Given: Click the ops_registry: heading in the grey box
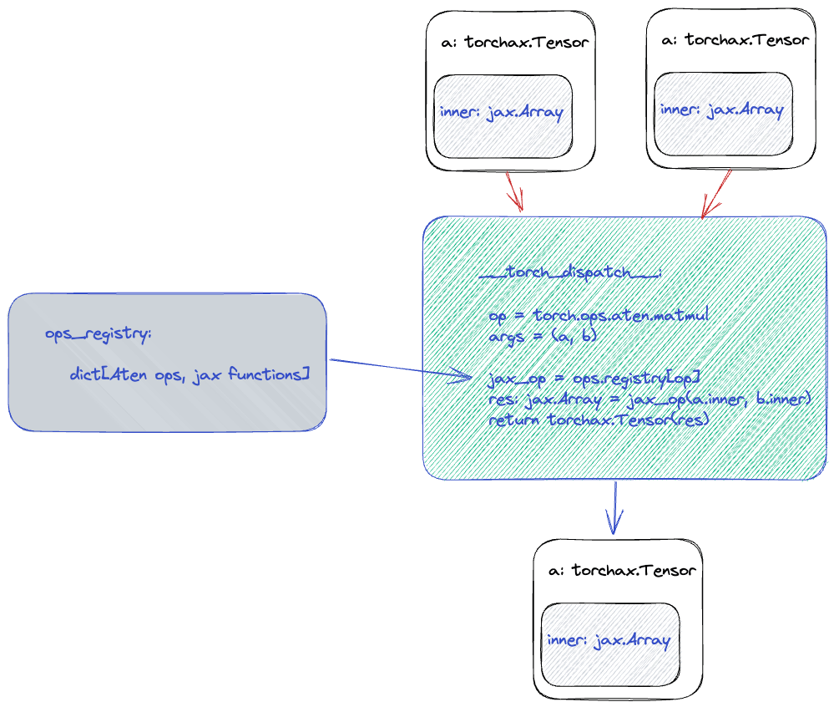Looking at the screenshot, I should pos(99,334).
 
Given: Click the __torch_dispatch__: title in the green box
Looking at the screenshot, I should pos(572,275).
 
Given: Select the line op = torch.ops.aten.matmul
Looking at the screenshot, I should pos(598,316).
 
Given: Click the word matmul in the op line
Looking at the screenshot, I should pos(680,316).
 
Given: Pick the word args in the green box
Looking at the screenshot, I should pos(507,336).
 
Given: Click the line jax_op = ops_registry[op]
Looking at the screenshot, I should pos(593,379).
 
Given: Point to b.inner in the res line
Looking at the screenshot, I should pos(781,400).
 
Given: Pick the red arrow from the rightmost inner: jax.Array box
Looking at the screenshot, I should pos(716,194).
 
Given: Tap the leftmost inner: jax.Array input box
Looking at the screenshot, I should pos(504,115).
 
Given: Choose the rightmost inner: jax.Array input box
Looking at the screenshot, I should pos(724,114).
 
